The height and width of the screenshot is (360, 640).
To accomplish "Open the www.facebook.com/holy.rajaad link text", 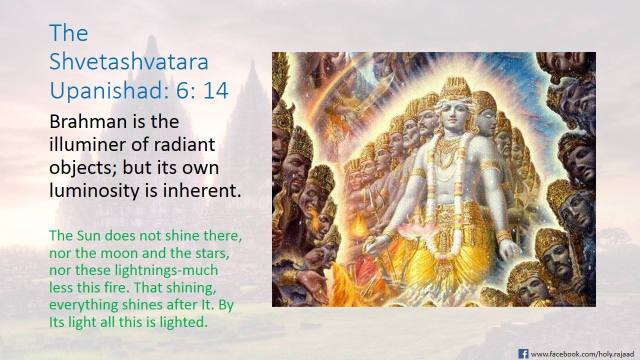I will [580, 352].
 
